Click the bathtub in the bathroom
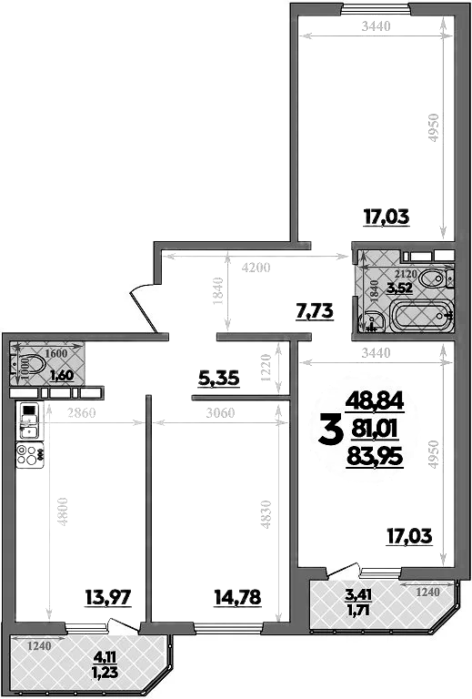419,319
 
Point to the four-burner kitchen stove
28,451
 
